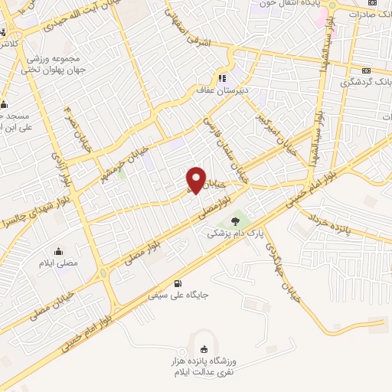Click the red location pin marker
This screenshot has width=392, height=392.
click(x=197, y=179)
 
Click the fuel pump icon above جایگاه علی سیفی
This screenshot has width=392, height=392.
click(x=180, y=281)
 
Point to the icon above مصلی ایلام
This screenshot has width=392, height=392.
click(x=58, y=251)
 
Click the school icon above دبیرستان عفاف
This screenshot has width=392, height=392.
click(x=223, y=77)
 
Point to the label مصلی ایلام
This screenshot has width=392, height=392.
click(x=60, y=263)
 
